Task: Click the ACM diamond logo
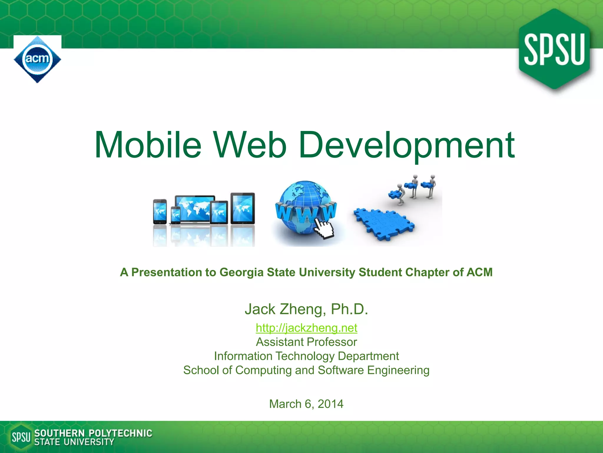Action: click(x=37, y=59)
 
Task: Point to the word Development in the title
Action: click(x=406, y=145)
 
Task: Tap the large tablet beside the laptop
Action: click(x=243, y=208)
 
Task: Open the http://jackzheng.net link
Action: click(x=306, y=328)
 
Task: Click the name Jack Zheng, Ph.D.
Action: click(x=306, y=309)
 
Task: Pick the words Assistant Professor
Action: click(x=306, y=342)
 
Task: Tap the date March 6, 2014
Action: click(x=306, y=404)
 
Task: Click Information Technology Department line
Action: click(x=306, y=356)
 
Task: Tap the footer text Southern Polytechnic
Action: click(x=93, y=433)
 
